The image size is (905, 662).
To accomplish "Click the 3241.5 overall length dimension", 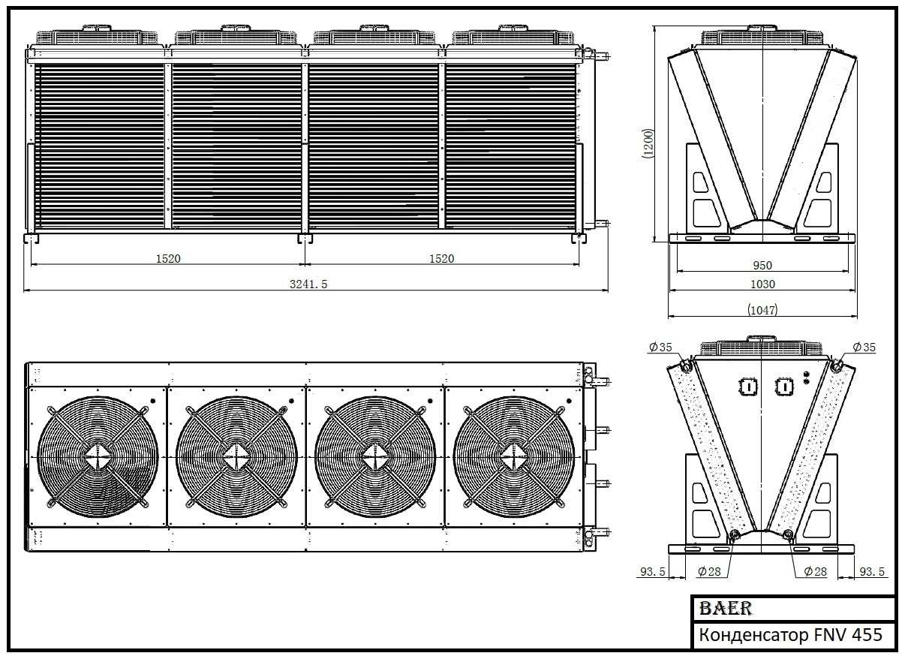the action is point(308,284).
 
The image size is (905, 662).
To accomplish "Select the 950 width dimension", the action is point(762,265).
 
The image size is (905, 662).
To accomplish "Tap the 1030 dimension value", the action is point(762,284).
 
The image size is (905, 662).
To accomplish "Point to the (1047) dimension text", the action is point(762,310).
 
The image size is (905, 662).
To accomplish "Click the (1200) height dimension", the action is point(648,143).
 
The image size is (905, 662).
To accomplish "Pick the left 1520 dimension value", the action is point(168,258).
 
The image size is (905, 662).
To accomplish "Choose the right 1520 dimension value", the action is point(441,258).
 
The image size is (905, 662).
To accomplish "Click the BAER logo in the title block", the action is point(726,608).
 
